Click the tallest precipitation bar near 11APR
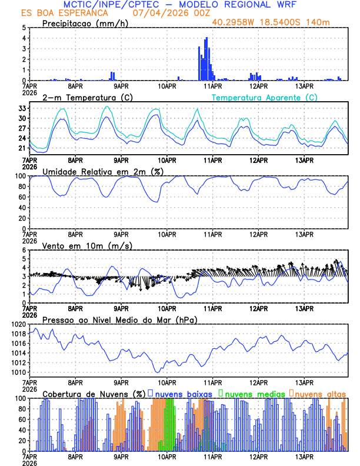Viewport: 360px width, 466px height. click(x=206, y=59)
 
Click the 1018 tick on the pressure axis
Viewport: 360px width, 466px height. click(x=16, y=334)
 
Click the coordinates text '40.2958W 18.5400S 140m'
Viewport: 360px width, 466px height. click(x=279, y=22)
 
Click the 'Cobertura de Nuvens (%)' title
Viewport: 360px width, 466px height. click(x=94, y=393)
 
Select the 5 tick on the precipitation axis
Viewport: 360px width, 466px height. click(x=24, y=28)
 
